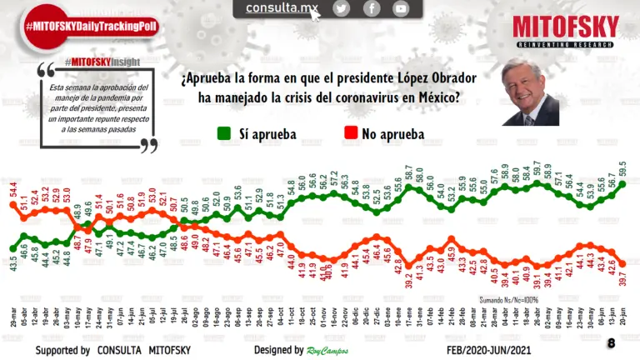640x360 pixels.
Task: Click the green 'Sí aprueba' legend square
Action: coord(223,133)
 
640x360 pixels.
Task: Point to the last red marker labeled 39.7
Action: coord(622,263)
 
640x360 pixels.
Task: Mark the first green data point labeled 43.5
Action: coord(12,247)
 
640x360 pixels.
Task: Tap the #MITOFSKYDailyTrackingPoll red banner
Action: coord(92,26)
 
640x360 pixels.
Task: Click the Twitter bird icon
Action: coord(341,8)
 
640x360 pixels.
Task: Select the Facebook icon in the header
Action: coord(372,8)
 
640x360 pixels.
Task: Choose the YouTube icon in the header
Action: coord(402,8)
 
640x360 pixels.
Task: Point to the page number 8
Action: coord(611,342)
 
